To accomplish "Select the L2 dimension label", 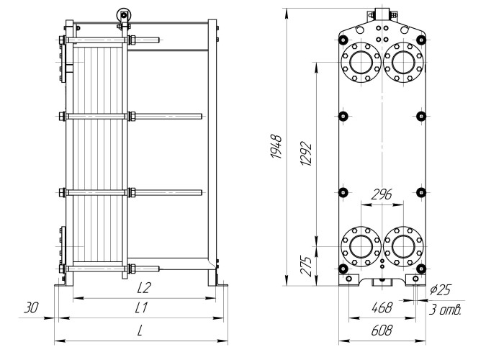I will point(143,288).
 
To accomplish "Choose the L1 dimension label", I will point(143,308).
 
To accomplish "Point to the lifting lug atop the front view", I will point(381,15).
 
